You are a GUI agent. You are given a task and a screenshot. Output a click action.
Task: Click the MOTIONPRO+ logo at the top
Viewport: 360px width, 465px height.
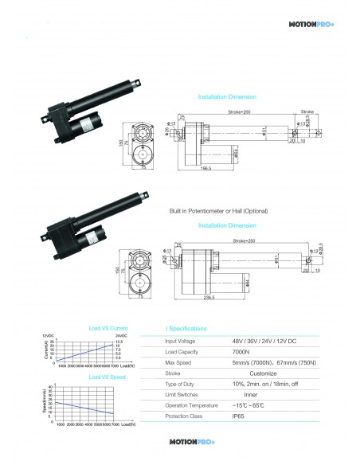[315, 24]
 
